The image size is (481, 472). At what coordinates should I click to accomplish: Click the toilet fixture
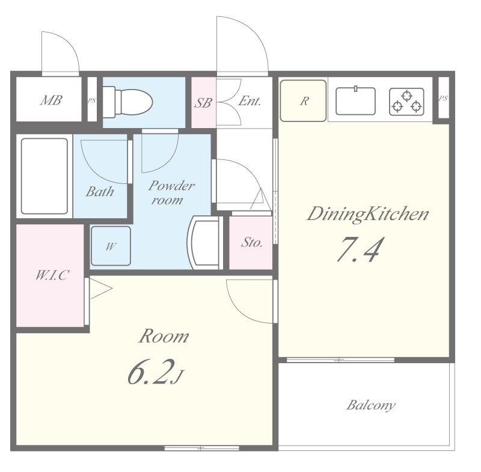(127, 102)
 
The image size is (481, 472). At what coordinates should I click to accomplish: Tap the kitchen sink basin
(355, 101)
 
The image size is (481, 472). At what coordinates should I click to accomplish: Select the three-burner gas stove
(407, 102)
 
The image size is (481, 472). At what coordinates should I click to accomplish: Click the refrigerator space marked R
(303, 101)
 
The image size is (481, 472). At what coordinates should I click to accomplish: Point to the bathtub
(44, 176)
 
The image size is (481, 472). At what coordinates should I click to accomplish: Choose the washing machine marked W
(111, 246)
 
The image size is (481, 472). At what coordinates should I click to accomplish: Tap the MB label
(51, 100)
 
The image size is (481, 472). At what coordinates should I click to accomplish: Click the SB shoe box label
(203, 103)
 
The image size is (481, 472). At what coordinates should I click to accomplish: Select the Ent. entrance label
(250, 101)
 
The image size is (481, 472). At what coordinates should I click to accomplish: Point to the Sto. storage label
(251, 242)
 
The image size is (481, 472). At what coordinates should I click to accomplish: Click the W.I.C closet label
(52, 275)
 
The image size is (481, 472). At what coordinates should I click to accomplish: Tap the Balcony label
(370, 405)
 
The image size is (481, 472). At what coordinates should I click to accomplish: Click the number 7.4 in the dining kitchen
(360, 249)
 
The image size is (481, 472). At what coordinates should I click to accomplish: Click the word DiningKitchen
(368, 214)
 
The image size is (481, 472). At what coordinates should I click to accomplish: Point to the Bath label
(100, 191)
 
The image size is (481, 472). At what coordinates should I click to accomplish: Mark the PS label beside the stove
(443, 99)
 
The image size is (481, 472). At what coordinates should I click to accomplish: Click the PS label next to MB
(92, 100)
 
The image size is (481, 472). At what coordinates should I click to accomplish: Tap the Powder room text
(171, 192)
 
